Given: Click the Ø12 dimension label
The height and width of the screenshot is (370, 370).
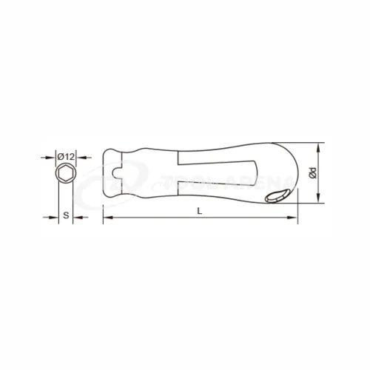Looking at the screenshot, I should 66,157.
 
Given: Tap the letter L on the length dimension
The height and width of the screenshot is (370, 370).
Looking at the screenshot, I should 200,212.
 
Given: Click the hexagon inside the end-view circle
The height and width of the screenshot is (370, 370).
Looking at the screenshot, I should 66,176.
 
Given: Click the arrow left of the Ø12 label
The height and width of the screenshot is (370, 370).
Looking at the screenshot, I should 52,157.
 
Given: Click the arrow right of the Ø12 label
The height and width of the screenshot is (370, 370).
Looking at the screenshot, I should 80,157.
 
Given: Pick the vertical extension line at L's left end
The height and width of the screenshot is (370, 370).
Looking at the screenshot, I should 102,203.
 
